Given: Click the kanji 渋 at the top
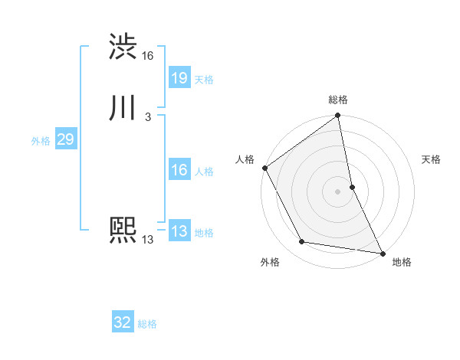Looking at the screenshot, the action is click(123, 47).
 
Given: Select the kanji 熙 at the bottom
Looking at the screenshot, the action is click(123, 231).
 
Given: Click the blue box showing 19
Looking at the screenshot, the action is click(179, 77).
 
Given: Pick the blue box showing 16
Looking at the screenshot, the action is click(179, 170).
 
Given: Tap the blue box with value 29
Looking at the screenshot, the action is click(65, 139).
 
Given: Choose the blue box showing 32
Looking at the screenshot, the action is click(123, 322).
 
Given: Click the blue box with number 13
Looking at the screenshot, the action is click(179, 231).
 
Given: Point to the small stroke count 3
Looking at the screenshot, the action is click(147, 117).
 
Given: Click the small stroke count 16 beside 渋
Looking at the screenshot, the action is click(148, 56).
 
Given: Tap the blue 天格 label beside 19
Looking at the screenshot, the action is click(204, 79).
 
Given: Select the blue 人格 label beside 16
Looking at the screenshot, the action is click(204, 172).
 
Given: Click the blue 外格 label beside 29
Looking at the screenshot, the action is click(41, 141).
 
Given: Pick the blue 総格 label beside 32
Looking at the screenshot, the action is click(147, 324).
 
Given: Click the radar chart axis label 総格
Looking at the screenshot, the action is click(338, 100).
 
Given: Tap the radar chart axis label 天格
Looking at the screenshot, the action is click(432, 159).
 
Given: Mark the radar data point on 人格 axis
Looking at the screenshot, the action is click(264, 168).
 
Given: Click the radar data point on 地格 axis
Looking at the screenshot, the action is click(383, 253).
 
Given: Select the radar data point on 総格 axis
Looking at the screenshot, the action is click(338, 116).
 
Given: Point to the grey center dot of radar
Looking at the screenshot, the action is click(338, 191).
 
